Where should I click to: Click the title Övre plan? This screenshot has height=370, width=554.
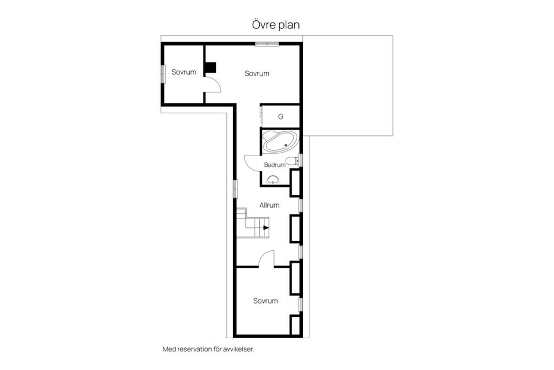276,25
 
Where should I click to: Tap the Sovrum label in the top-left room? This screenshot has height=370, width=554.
184,72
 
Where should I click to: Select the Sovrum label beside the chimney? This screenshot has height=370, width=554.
257,73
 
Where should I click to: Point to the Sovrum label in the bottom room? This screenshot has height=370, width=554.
265,301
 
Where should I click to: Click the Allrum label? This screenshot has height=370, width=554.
269,205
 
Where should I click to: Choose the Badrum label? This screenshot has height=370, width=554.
275,165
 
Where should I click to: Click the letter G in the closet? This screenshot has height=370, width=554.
280,116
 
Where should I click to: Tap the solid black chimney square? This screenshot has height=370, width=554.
211,68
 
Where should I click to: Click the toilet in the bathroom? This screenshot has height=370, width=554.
292,161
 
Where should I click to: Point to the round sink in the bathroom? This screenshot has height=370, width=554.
272,180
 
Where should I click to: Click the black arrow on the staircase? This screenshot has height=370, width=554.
266,228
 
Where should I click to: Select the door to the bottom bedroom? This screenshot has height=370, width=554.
265,256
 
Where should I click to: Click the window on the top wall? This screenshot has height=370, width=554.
267,44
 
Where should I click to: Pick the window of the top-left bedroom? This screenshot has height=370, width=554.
163,74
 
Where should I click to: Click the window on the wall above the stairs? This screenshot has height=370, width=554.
235,188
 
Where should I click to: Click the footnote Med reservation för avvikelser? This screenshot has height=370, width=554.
208,349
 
